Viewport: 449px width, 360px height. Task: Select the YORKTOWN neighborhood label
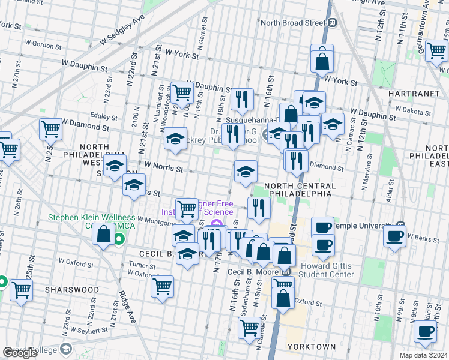(x=311, y=347)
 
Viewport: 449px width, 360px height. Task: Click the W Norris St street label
(x=163, y=168)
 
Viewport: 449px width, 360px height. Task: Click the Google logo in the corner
(x=20, y=353)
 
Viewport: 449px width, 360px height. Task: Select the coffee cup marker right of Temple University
(x=394, y=236)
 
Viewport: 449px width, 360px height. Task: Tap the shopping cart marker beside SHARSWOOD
(x=22, y=290)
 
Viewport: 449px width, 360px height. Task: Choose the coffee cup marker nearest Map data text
(x=426, y=331)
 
